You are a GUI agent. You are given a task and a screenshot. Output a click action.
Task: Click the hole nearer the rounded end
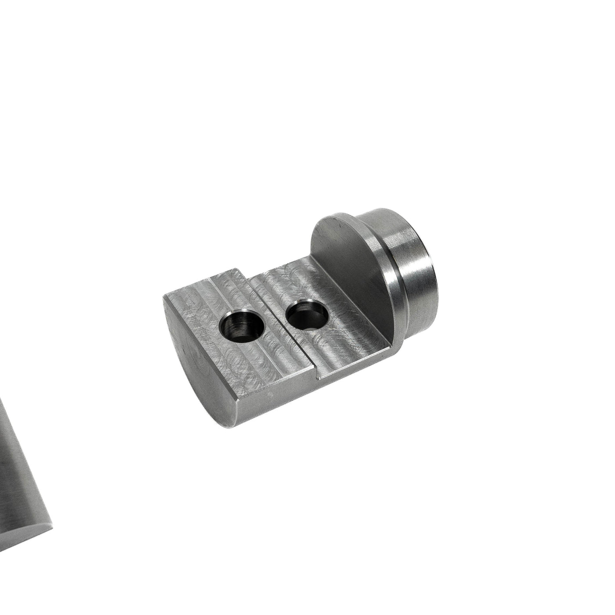(x=241, y=326)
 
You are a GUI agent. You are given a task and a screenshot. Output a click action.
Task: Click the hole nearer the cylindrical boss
(x=306, y=314)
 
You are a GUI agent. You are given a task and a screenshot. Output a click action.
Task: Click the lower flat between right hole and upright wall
(x=347, y=325)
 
